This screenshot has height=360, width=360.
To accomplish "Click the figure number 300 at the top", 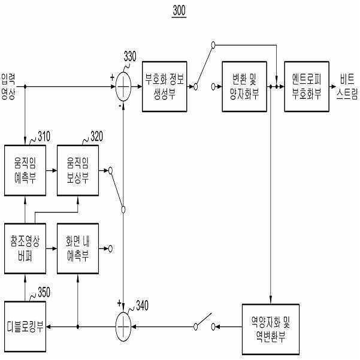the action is click(x=179, y=11).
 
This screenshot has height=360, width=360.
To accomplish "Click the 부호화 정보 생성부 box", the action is click(x=164, y=87).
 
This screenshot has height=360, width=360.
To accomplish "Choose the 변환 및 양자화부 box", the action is click(x=244, y=87).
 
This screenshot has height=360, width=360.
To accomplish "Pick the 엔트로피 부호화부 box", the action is click(x=307, y=87).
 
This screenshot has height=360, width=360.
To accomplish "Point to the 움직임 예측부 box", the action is click(x=25, y=170).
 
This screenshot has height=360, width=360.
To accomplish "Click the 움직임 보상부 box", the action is click(x=78, y=170).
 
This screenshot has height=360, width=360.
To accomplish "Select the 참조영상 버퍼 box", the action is click(x=25, y=249).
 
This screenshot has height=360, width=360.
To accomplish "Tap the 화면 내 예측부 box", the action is click(x=78, y=249).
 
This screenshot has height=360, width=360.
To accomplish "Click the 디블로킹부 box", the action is click(x=25, y=326).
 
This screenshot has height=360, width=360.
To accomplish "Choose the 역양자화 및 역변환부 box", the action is click(x=271, y=329).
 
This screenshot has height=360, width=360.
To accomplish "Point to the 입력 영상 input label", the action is click(x=8, y=87).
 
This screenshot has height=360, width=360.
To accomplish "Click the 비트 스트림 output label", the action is click(x=347, y=87).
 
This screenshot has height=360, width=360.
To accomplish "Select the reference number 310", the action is click(x=44, y=137).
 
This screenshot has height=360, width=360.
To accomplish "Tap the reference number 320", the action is click(x=96, y=137).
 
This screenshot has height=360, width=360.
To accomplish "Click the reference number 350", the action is click(x=44, y=292).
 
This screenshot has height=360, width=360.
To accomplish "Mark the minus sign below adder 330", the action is click(x=120, y=106).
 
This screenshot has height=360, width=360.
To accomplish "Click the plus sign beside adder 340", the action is click(x=119, y=303).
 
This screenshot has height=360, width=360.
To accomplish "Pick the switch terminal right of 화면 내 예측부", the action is click(x=110, y=249).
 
